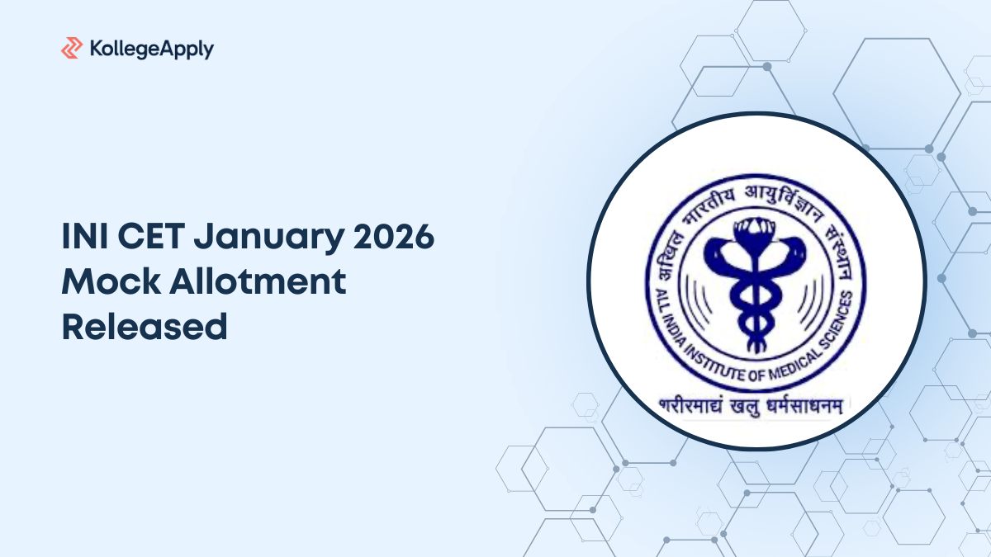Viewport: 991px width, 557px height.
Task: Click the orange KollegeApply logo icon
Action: click(x=72, y=49)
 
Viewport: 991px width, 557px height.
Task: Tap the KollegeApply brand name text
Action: click(x=149, y=50)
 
